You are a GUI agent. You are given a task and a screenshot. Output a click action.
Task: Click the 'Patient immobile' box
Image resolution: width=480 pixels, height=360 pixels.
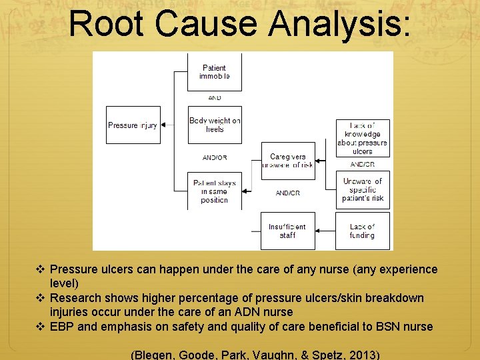pos(215,72)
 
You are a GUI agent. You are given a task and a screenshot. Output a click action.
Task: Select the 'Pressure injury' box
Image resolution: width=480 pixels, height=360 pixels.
pos(133,125)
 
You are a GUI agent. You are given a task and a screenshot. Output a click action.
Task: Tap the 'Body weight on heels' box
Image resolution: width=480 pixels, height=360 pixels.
pos(215,125)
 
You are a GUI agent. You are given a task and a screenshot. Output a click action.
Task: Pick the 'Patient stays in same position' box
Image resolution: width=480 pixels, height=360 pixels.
pos(215,191)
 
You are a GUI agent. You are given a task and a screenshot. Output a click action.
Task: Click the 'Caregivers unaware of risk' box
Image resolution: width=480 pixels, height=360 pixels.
pos(288,161)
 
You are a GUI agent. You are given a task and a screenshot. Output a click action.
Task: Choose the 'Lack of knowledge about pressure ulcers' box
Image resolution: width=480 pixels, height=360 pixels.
pos(362,139)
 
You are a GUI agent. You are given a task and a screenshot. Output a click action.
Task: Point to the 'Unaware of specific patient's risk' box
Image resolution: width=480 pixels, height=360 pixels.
pos(362,189)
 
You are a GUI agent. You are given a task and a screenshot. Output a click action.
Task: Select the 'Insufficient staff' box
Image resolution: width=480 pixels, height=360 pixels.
pos(287,231)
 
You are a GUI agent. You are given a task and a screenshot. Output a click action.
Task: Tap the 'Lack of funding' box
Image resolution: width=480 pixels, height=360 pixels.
pos(362,231)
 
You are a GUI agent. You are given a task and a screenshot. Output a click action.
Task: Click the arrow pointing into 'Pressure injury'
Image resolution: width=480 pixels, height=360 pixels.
pos(166,125)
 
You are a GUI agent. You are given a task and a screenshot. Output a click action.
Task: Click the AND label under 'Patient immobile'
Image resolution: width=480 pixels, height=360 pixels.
pos(215,98)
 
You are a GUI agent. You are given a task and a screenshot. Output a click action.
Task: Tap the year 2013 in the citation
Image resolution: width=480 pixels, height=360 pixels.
pos(361,354)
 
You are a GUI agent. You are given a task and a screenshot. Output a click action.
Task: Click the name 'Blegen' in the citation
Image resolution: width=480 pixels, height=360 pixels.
pos(158,354)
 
